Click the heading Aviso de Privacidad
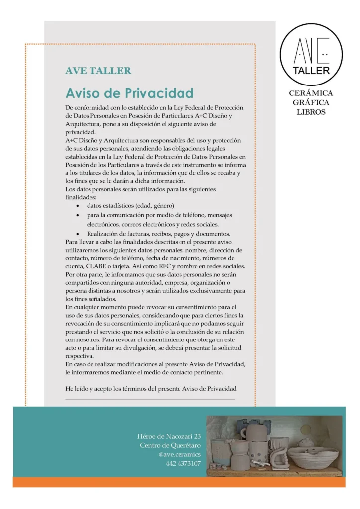point(129,93)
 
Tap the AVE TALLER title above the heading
point(98,71)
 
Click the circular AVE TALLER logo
point(311,54)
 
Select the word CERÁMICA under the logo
point(311,93)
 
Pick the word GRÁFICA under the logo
point(311,102)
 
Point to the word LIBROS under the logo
point(311,112)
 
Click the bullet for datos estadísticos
point(77,206)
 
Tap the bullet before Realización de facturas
point(77,234)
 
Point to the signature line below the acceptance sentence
point(150,399)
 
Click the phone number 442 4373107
point(183,464)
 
